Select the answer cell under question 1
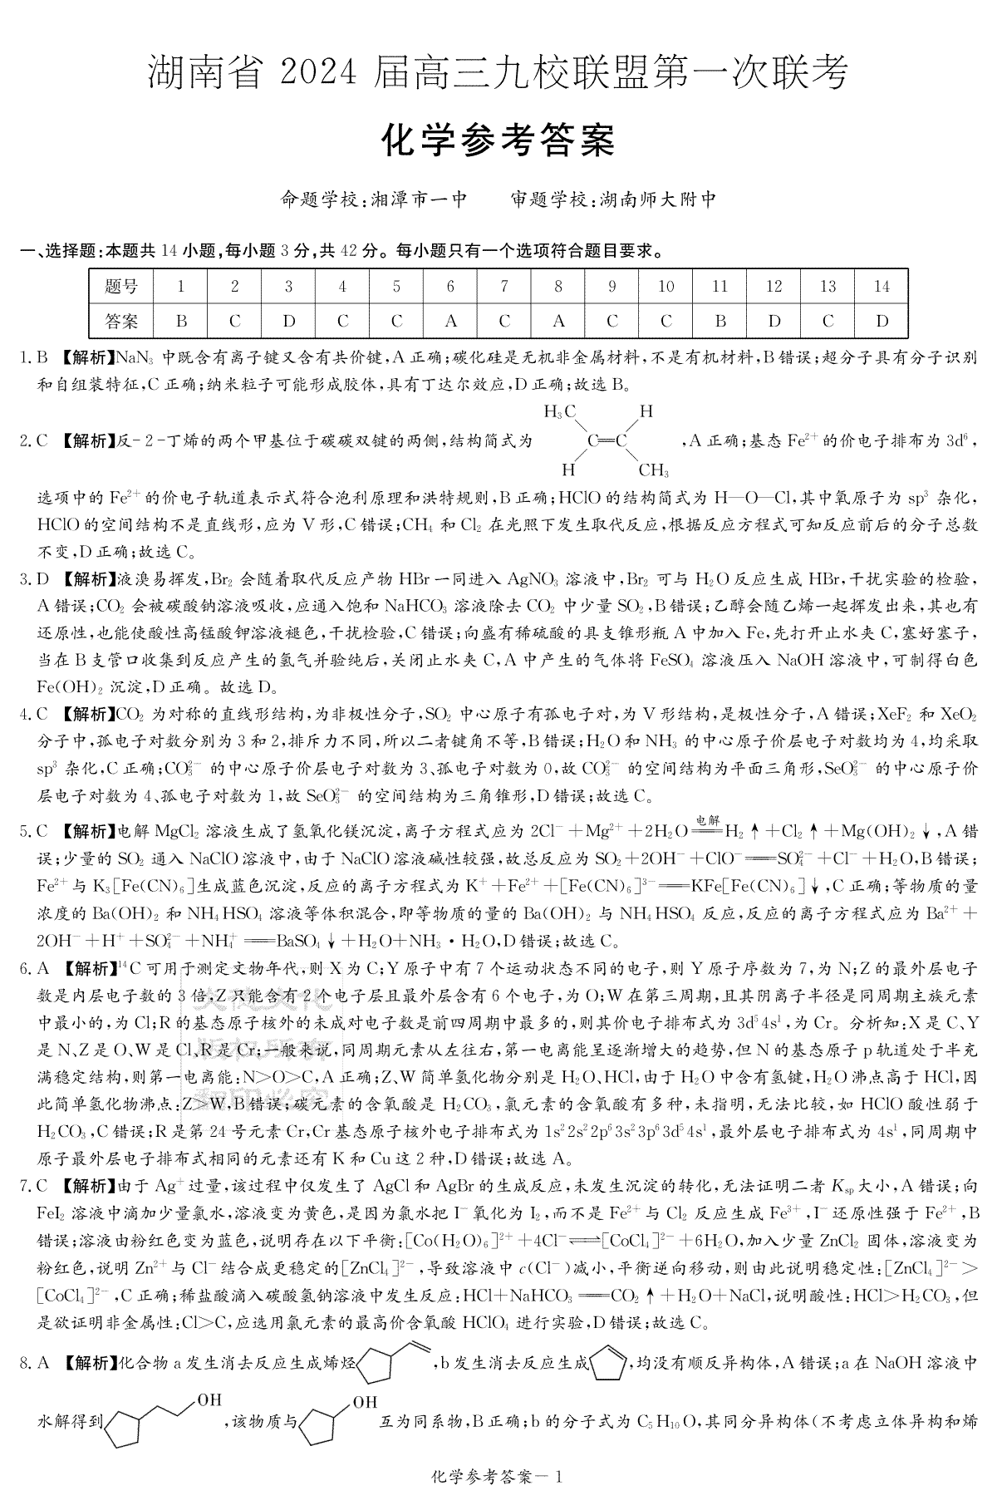click(181, 320)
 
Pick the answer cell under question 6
click(450, 320)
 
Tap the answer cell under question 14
click(882, 320)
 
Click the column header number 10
click(665, 287)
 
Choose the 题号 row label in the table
click(122, 287)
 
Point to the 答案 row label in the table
click(122, 320)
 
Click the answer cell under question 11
click(720, 320)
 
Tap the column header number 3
click(288, 287)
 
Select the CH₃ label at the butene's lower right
click(654, 471)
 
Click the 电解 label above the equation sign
click(706, 819)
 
